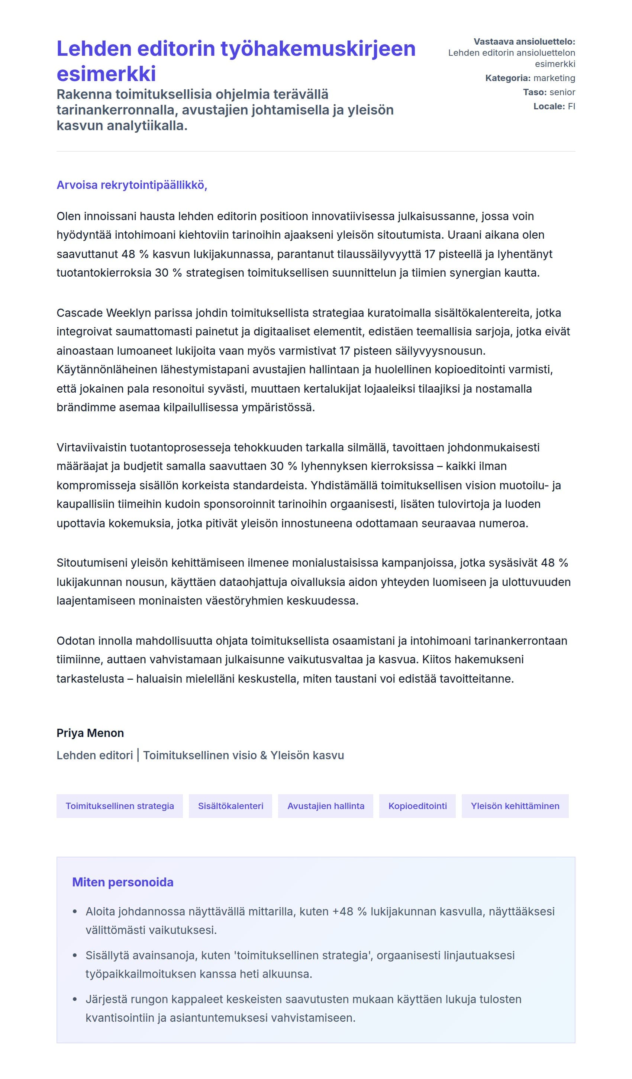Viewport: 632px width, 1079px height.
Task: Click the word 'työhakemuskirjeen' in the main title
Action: [x=318, y=49]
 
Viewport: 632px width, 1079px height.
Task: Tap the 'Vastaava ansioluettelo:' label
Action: [x=524, y=42]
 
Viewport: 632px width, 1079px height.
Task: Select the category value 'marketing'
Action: [x=554, y=78]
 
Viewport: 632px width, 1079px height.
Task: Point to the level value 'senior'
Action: [x=562, y=92]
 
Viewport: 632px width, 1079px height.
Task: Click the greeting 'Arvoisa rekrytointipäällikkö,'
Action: [x=132, y=185]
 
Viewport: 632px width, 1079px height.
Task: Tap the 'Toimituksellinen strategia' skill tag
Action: [x=119, y=806]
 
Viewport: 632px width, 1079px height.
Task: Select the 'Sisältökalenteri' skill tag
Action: [x=230, y=806]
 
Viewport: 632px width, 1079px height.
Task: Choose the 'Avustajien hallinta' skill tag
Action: [x=325, y=806]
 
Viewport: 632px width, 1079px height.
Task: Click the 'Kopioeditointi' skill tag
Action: [x=417, y=806]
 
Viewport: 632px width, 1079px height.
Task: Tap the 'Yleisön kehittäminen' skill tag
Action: [x=515, y=806]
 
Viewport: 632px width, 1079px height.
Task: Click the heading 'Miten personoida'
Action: [x=122, y=882]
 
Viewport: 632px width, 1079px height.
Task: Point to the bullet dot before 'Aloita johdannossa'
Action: [x=75, y=912]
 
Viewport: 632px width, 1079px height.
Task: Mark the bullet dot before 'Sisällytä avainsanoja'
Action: [x=75, y=955]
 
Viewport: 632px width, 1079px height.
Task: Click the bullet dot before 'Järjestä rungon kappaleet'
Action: [x=75, y=999]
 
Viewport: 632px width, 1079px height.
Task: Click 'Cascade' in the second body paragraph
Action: [x=80, y=313]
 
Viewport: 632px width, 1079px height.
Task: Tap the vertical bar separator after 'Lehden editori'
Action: [x=138, y=755]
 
